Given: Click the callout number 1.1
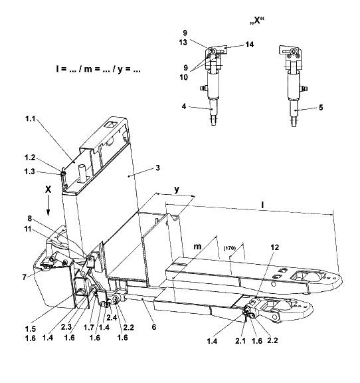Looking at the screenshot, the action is pos(31,119).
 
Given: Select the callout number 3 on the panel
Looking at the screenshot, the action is pos(157,168).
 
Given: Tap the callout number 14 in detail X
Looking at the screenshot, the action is pos(250,45).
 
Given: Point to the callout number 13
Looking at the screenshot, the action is pos(183,43).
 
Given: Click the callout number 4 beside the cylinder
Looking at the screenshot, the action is pos(184,106).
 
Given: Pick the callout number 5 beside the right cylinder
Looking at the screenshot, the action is pos(321,107).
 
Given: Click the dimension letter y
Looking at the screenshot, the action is pos(177,190).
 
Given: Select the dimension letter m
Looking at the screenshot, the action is pos(197,247).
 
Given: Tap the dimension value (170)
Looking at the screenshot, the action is pos(230,248).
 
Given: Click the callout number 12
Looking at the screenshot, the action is pos(274,247).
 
